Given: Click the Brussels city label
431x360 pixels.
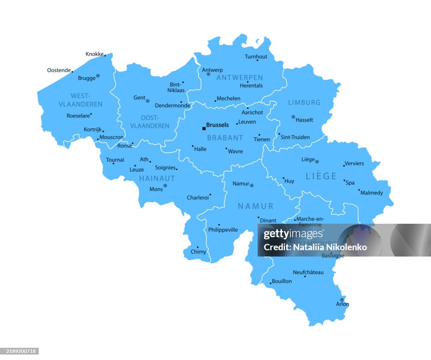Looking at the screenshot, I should [x=218, y=125].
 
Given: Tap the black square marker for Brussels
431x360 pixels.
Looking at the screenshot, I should [x=204, y=128].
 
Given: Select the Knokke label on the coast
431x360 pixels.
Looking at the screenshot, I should [x=94, y=54].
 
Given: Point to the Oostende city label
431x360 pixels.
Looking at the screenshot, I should [x=59, y=70].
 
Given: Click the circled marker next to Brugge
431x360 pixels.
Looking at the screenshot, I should [x=98, y=76].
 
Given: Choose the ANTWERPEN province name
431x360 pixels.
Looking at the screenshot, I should [x=239, y=78].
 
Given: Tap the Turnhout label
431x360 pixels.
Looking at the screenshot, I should [x=256, y=57].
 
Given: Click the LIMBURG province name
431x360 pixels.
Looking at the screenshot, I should [x=304, y=102].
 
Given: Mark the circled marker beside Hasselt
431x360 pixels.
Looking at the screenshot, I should [x=293, y=117].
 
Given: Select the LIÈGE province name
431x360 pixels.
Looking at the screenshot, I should [x=321, y=176].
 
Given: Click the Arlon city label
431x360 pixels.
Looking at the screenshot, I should [x=343, y=304].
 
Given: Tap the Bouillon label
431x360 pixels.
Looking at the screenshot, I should [x=282, y=281].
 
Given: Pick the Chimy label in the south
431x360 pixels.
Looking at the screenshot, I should [x=199, y=252].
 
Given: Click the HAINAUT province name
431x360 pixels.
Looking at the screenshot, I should [x=157, y=178].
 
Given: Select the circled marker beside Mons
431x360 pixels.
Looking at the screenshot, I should [x=165, y=185].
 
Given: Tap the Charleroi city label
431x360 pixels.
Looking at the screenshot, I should [x=198, y=198].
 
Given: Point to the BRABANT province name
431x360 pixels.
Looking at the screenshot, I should [x=225, y=138].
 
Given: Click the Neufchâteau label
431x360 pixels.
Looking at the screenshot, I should [x=309, y=272].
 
